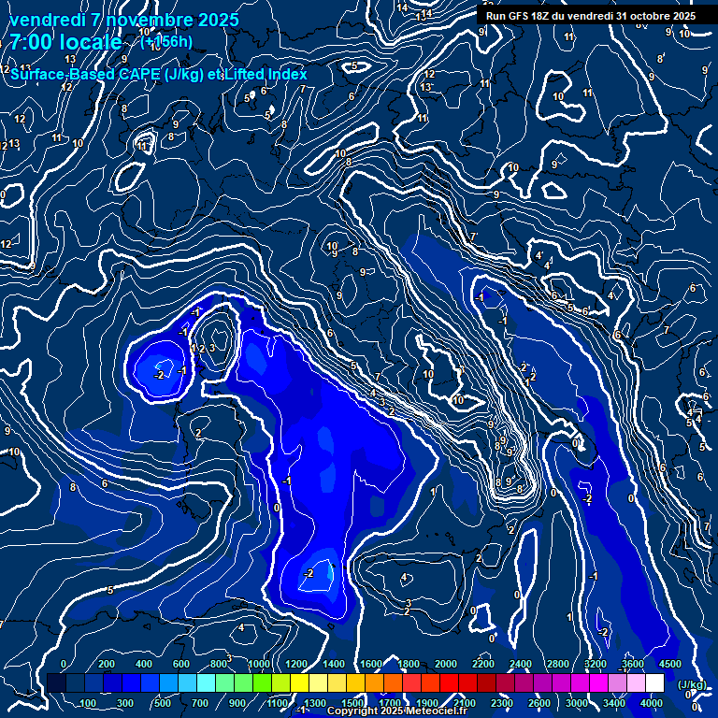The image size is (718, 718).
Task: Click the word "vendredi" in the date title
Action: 45,20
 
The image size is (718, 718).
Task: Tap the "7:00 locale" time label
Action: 65,42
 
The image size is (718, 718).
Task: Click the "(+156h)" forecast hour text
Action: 165,42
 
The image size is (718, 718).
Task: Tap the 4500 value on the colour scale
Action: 669,664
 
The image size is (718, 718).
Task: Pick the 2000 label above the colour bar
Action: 446,664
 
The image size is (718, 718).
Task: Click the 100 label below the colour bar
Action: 89,703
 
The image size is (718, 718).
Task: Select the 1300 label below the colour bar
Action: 315,703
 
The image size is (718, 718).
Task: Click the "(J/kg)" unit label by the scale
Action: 691,684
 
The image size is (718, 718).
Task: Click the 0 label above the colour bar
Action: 64,664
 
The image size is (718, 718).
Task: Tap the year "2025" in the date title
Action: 217,20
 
